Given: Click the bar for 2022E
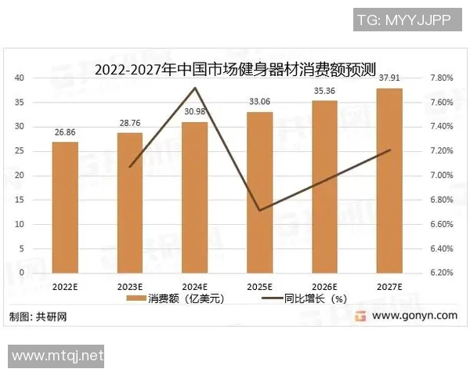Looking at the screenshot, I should pyautogui.click(x=65, y=207).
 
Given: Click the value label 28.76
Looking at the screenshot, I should pyautogui.click(x=130, y=124).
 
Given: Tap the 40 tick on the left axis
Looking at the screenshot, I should pyautogui.click(x=20, y=78).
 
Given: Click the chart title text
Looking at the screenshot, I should pyautogui.click(x=235, y=68).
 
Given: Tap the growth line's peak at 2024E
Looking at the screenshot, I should pyautogui.click(x=195, y=87).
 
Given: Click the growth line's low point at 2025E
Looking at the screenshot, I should pyautogui.click(x=260, y=210).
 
